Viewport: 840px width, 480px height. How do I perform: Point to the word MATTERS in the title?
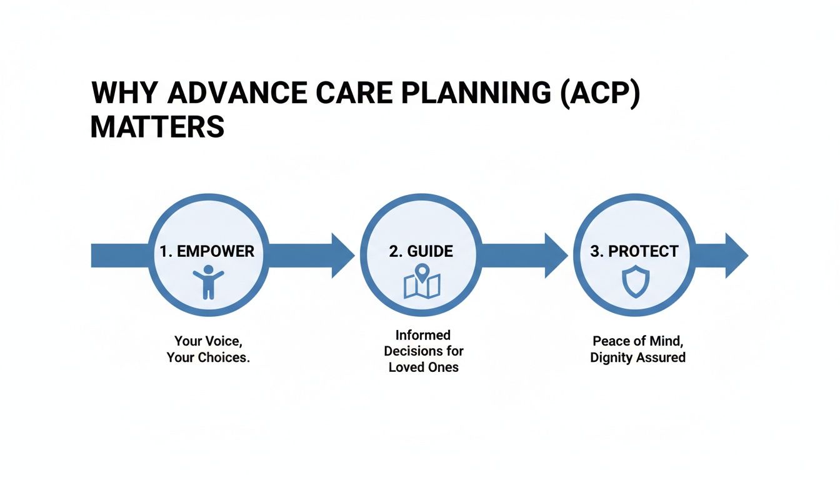(x=157, y=127)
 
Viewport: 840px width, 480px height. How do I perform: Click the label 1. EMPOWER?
(x=207, y=252)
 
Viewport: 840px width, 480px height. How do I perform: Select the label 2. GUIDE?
(x=421, y=252)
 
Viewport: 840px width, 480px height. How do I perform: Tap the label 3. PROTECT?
(x=634, y=252)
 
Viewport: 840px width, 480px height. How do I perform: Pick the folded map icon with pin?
(x=422, y=282)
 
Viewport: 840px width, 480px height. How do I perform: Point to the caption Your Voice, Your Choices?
(x=208, y=350)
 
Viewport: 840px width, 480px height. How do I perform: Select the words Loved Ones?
(x=423, y=367)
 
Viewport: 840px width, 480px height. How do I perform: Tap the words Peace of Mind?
(x=637, y=341)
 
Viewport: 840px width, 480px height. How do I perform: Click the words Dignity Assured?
(x=637, y=357)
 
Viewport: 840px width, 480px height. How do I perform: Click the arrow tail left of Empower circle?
(x=119, y=256)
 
